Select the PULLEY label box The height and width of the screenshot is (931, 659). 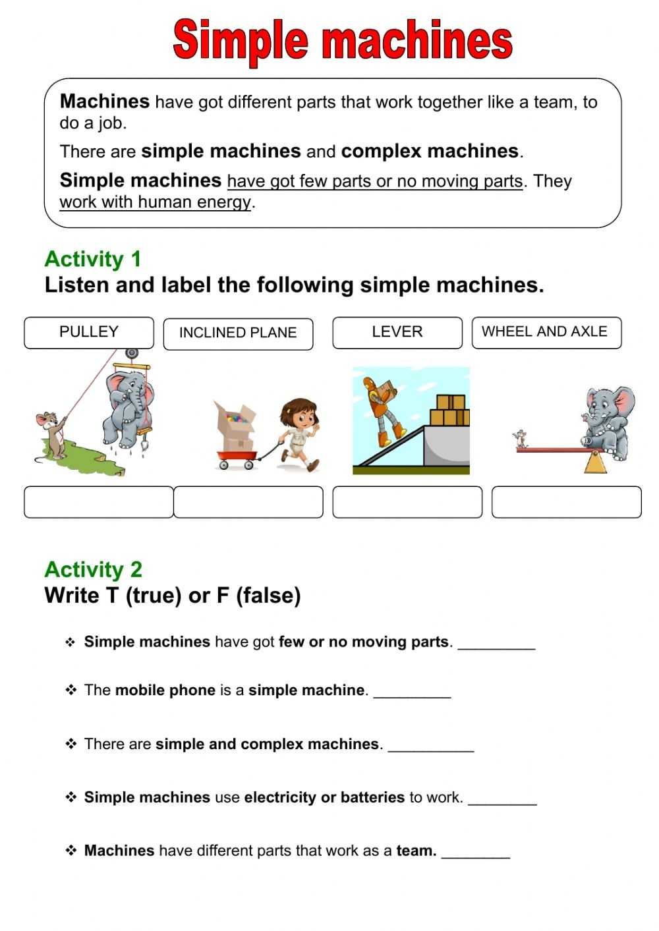click(x=89, y=333)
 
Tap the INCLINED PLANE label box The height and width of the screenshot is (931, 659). click(x=238, y=333)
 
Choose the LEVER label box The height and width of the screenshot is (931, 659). click(x=397, y=333)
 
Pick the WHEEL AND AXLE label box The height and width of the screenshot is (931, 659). click(x=546, y=333)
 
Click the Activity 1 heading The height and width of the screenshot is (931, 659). click(x=93, y=259)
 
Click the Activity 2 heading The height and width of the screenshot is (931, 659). click(x=93, y=569)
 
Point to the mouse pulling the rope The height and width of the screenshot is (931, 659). click(x=51, y=435)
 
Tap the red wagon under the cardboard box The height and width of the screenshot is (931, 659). click(x=237, y=457)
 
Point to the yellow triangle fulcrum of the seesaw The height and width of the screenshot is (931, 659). click(x=596, y=462)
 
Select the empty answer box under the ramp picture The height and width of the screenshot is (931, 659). click(x=407, y=502)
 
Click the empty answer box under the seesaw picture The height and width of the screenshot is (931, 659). click(x=566, y=502)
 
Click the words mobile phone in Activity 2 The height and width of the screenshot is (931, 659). click(x=165, y=691)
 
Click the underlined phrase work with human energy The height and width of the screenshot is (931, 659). click(x=156, y=202)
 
